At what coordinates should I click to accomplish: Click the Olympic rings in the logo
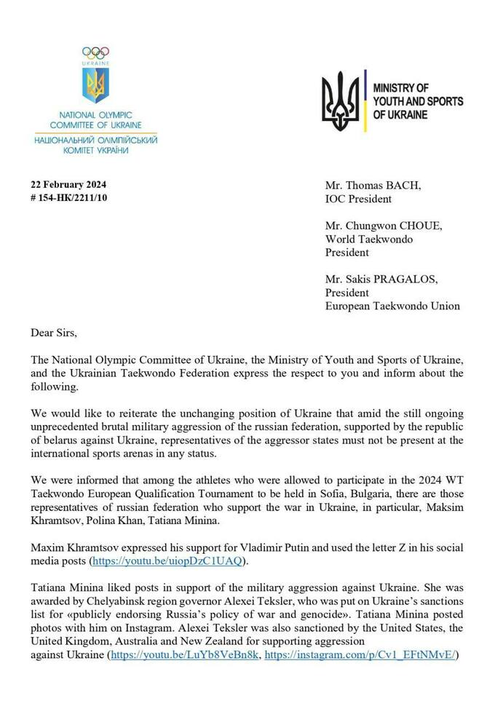click(95, 52)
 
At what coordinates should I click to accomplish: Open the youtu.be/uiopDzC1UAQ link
click(166, 561)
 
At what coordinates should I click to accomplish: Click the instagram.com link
click(360, 655)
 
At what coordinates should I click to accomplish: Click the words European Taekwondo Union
click(392, 306)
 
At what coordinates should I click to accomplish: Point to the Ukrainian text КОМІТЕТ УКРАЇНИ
click(95, 149)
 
